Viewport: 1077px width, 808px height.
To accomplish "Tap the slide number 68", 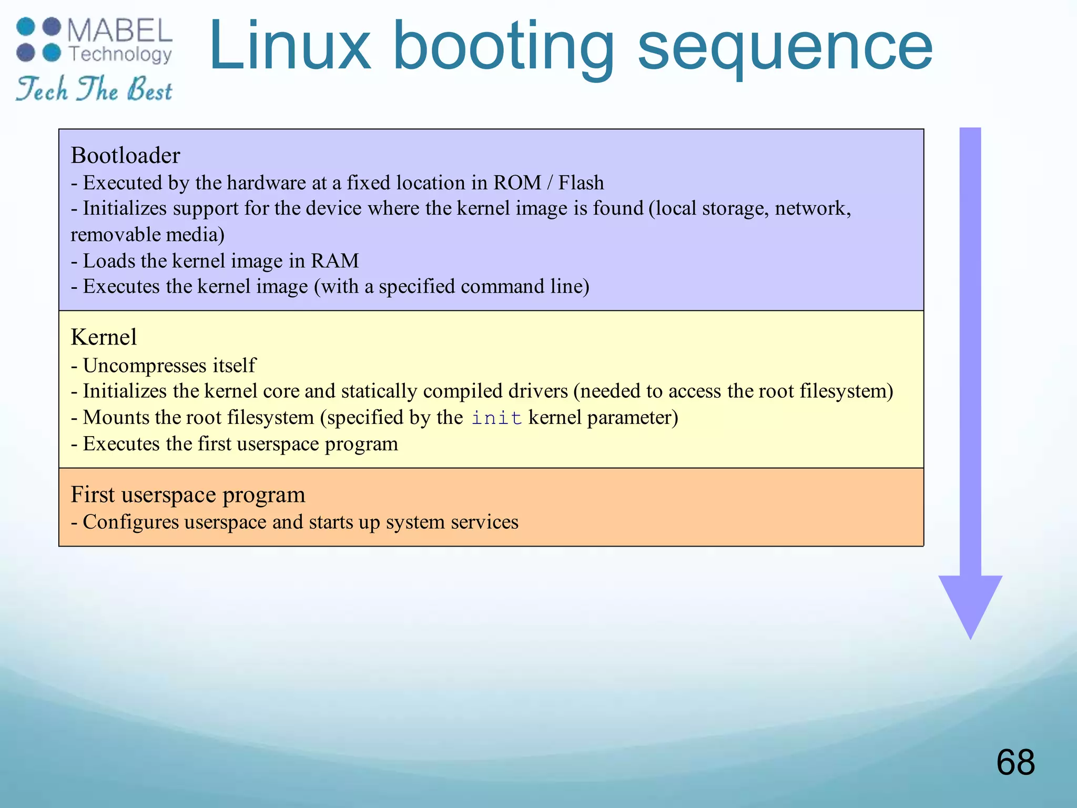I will (1015, 762).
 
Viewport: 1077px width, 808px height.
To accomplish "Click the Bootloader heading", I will (125, 156).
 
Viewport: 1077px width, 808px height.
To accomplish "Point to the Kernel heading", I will (104, 337).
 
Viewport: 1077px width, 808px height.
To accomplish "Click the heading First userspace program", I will (188, 494).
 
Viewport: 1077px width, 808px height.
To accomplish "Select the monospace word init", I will (496, 418).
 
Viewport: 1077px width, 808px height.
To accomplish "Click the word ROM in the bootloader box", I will (517, 183).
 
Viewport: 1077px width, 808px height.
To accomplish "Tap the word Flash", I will (581, 183).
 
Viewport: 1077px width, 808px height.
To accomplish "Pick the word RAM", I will (334, 261).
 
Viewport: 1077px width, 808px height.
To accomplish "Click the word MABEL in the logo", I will (119, 31).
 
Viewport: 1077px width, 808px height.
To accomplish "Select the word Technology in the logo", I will (120, 54).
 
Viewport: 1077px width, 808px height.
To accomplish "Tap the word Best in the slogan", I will (149, 89).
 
